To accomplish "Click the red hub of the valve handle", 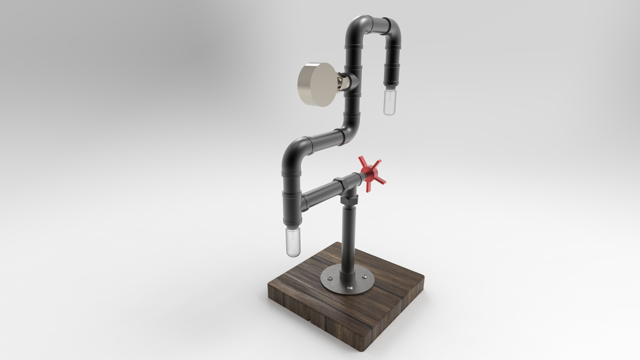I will (x=368, y=173).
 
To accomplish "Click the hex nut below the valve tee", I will (x=348, y=200).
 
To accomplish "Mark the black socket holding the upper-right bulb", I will (x=391, y=75).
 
